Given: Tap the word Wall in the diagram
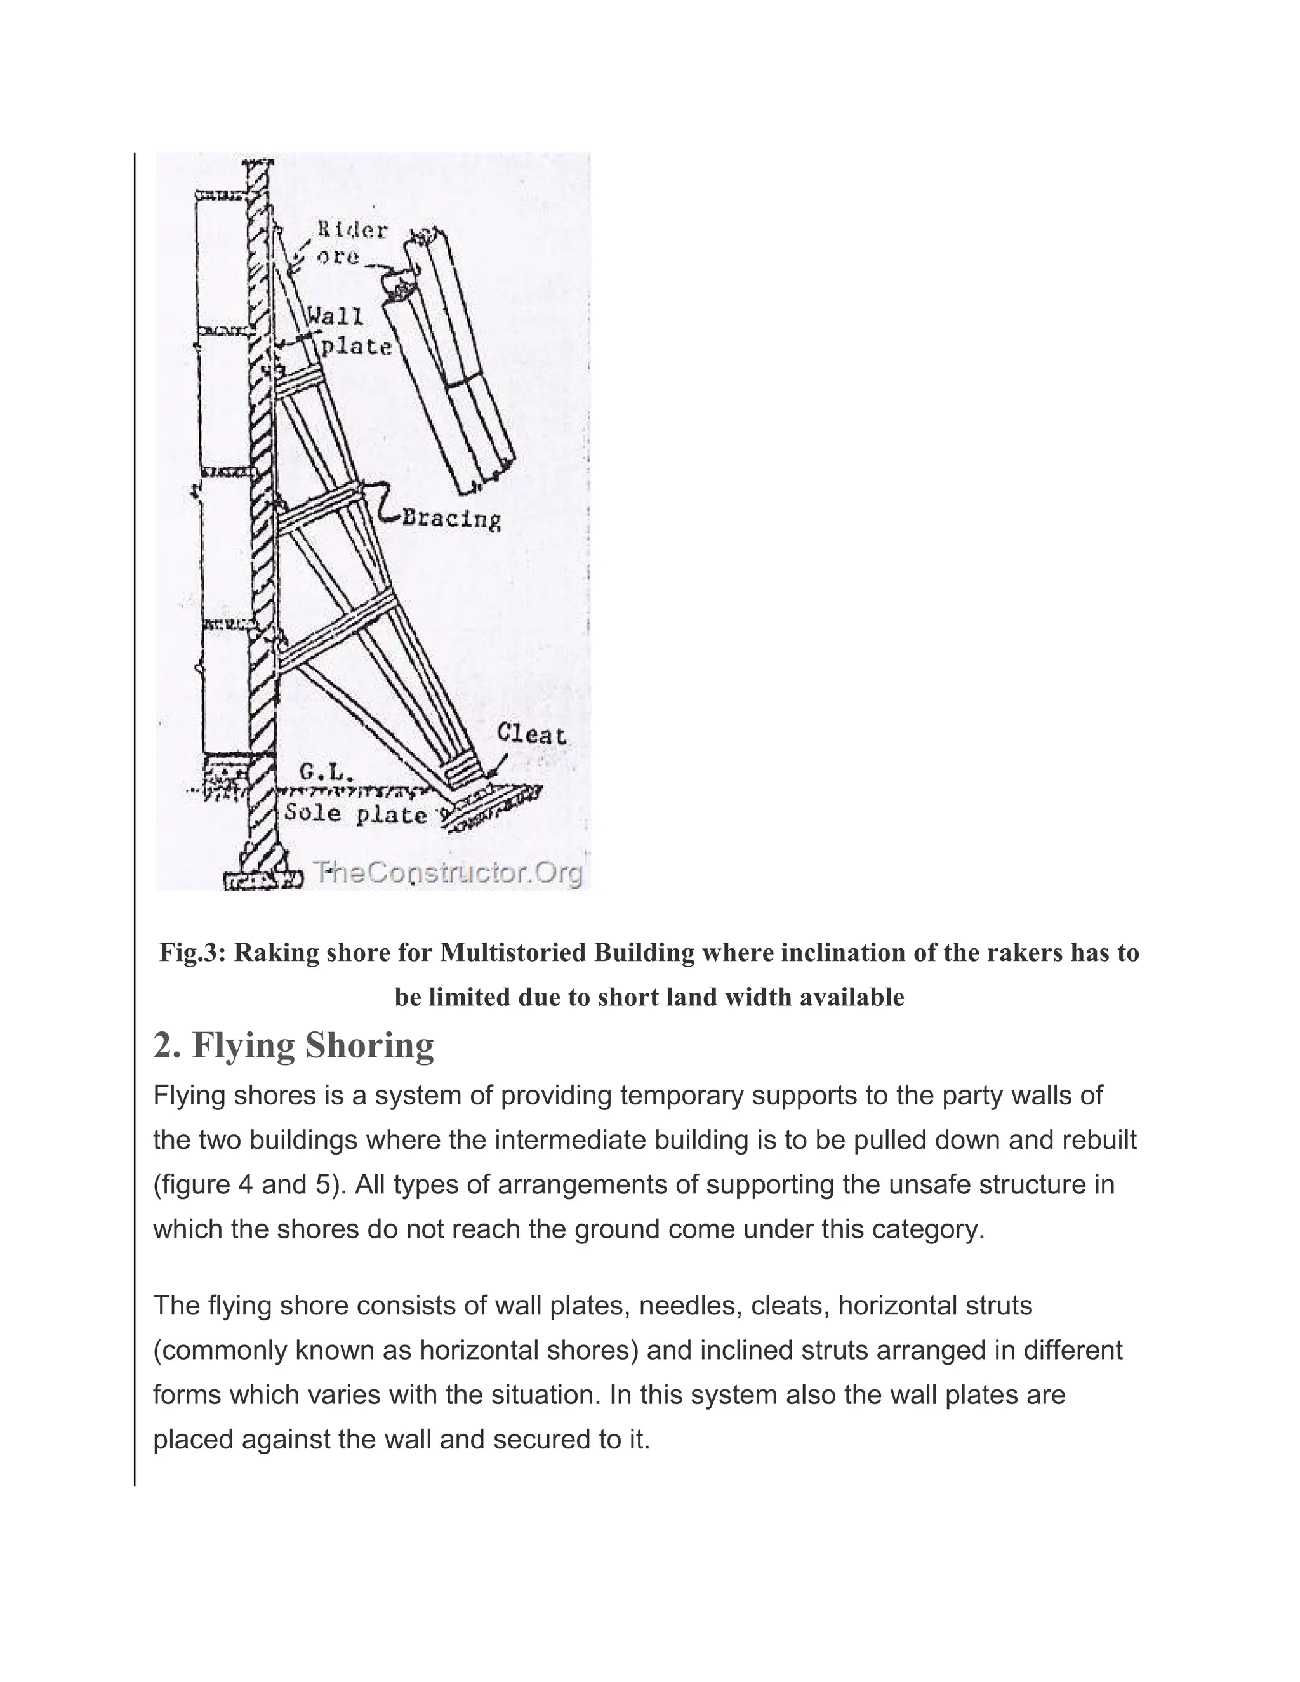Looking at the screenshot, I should [x=335, y=317].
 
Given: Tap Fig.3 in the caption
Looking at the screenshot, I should [x=191, y=953].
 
